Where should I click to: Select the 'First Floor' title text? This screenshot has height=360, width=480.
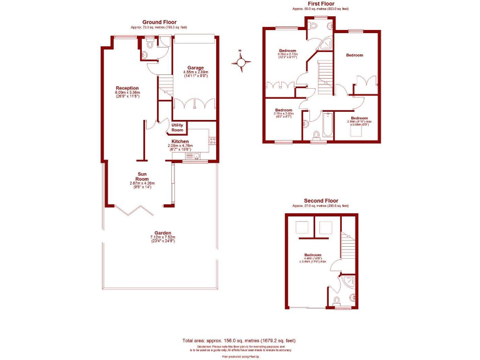coord(319,4)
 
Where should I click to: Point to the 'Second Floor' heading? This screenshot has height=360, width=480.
coord(321,201)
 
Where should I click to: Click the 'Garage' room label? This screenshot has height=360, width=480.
coord(196,67)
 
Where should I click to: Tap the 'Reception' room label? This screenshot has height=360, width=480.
coord(127,88)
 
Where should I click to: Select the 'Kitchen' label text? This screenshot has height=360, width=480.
coord(180,141)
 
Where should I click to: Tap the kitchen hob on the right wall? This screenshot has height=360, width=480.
coord(212,141)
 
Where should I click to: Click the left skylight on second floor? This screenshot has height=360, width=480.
coord(302,228)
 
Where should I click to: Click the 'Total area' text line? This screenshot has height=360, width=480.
coord(239,340)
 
